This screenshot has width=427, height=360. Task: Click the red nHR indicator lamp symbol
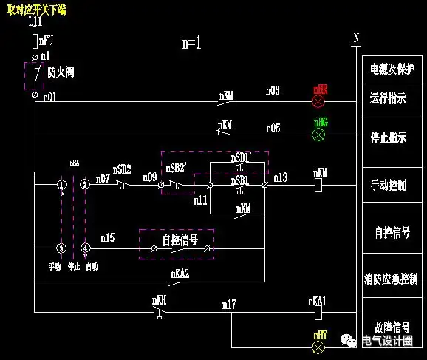coord(320,101)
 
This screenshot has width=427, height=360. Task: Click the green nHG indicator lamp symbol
coord(320,135)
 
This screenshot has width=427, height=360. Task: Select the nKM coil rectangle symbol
coord(319,185)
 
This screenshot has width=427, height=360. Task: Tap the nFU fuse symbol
coord(35,41)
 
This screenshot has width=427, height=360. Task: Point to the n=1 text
coord(191,43)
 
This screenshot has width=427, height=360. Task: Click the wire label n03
coord(273,91)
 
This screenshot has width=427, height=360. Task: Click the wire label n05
coord(273,128)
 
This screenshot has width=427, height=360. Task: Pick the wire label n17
coord(229,304)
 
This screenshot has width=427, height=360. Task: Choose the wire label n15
coord(108,238)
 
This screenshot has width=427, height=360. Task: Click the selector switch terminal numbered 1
coord(62,184)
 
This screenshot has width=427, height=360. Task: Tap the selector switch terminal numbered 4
coord(85,248)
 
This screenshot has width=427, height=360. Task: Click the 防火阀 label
coord(61,72)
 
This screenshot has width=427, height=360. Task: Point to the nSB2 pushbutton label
coord(121,169)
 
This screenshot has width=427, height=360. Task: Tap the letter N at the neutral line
coord(355,37)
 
